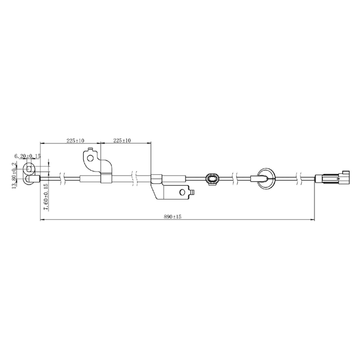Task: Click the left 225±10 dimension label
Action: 75,141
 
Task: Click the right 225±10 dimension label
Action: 122,140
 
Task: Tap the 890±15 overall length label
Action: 173,217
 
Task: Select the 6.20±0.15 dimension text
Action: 28,156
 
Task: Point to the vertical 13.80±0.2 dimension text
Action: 14,175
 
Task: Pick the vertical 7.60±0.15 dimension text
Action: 46,196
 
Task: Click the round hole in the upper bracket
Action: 91,158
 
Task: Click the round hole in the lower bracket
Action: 183,192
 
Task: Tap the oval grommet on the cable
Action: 213,179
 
